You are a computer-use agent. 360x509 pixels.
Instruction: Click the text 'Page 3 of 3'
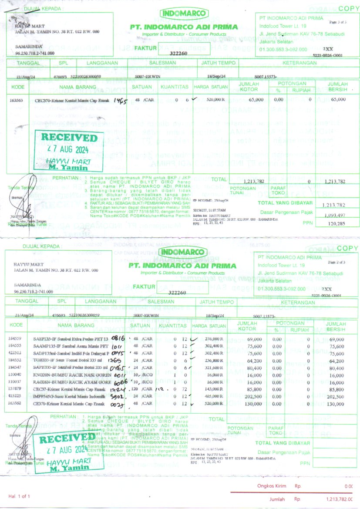click(x=338, y=22)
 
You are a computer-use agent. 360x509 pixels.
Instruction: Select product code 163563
click(x=16, y=100)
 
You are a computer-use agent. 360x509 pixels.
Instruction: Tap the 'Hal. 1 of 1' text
click(x=20, y=496)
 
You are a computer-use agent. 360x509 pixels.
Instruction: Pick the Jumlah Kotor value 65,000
click(x=256, y=100)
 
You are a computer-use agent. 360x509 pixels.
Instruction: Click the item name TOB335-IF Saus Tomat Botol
click(x=67, y=360)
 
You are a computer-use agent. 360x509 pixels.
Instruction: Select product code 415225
click(x=15, y=397)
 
